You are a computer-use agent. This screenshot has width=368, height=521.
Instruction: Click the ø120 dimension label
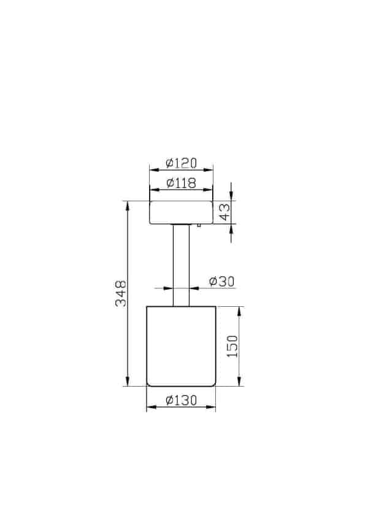[181, 163]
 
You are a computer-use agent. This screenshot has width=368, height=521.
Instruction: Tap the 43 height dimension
[225, 212]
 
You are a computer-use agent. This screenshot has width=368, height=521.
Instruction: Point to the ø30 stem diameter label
[221, 281]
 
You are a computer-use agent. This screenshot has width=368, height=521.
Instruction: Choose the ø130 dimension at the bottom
[181, 401]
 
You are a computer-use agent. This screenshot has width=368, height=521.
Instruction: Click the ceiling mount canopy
[182, 212]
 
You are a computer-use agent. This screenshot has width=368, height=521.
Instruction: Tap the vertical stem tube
[182, 264]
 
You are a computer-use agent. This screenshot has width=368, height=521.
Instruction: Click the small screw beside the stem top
[198, 225]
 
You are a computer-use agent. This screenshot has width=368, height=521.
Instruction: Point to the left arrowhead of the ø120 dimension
[153, 170]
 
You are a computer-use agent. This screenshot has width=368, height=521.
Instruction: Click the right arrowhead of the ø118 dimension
[209, 189]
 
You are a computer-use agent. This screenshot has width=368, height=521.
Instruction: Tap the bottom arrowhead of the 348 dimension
[128, 382]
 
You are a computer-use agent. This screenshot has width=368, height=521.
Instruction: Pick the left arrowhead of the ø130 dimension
[150, 408]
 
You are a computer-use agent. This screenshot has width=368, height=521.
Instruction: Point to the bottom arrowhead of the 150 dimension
[239, 382]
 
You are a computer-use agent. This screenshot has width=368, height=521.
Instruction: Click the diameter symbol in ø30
[213, 281]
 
